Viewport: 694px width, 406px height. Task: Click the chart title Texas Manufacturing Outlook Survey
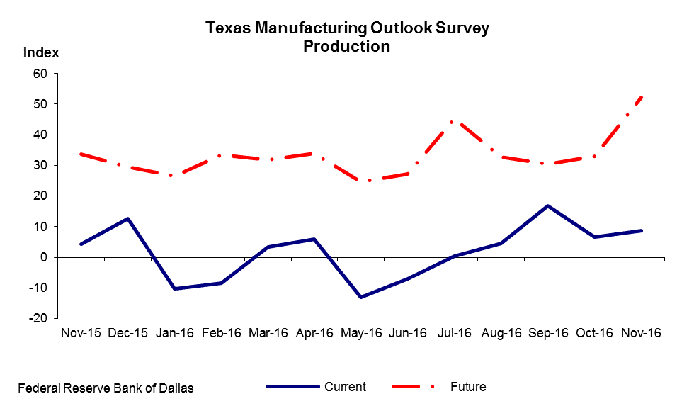[347, 28]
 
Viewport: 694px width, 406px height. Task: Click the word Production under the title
[347, 47]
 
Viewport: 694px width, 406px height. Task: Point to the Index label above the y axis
[41, 53]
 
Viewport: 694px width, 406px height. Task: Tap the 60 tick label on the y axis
[39, 74]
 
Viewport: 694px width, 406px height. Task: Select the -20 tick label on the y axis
[37, 318]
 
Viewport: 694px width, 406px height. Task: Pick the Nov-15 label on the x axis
[81, 333]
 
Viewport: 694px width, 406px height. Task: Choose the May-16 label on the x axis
[362, 333]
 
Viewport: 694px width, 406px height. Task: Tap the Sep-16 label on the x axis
[548, 333]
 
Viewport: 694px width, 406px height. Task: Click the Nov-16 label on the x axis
[641, 333]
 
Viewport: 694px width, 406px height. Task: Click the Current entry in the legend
[345, 387]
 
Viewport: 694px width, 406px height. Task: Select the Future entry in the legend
[468, 387]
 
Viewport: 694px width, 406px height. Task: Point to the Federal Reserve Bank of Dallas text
[106, 388]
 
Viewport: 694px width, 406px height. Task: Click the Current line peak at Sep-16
[548, 206]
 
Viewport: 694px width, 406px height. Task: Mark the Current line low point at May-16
[361, 297]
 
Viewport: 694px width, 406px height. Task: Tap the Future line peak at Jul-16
[454, 121]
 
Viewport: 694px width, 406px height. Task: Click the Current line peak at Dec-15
[127, 218]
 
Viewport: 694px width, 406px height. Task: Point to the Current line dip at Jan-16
[174, 288]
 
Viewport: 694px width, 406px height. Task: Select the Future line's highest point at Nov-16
[641, 96]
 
